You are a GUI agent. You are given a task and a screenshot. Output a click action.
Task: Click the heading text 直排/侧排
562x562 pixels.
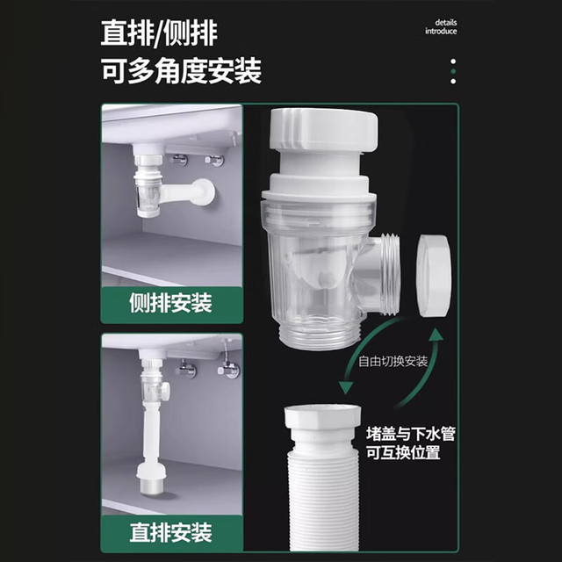pos(159,33)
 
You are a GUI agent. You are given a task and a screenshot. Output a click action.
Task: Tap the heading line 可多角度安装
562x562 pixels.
pos(182,71)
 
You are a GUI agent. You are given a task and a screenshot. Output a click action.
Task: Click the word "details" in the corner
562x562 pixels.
pos(446,23)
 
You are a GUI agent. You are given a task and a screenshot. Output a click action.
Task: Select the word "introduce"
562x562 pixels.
pos(441,32)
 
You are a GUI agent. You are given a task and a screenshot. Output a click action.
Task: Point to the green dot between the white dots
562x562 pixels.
pos(453,71)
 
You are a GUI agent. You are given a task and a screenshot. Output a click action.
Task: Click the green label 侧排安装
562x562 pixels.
pos(170,303)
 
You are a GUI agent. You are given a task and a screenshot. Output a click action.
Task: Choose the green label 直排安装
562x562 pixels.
pos(170,532)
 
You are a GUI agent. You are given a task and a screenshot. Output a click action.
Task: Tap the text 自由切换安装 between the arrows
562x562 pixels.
pos(393,361)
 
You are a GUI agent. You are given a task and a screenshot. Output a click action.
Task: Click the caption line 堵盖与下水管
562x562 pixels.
pos(411,434)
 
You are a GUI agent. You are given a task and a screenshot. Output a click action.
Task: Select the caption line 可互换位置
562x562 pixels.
pos(403,452)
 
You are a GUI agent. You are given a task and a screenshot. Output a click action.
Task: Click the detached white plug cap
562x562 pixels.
pos(435,275)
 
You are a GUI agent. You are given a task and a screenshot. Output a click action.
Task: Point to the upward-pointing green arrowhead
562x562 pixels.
pos(436,335)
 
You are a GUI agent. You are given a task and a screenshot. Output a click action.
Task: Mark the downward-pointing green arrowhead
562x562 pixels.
pos(346,388)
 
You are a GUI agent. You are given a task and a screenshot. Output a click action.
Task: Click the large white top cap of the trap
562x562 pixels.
pos(324,130)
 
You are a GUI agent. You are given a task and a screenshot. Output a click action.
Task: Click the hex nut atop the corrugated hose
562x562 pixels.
pos(322,417)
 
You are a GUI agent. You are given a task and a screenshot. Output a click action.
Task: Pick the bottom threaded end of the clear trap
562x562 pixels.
pos(318,335)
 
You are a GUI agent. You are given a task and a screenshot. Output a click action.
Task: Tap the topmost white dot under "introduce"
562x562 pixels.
pos(453,61)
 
